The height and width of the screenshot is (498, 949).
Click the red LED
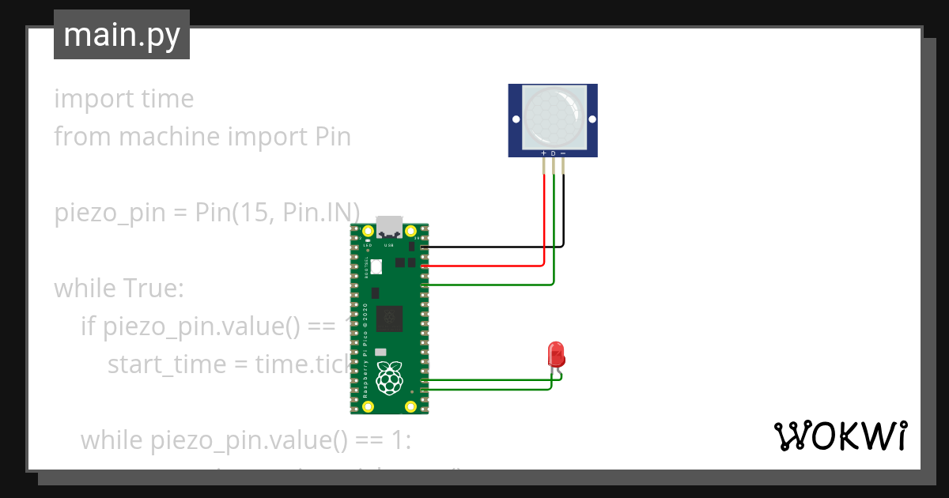point(556,353)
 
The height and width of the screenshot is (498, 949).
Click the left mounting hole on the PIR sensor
point(515,120)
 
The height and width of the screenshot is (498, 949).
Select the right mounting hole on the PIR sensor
point(591,120)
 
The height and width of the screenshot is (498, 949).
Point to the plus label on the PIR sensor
point(543,153)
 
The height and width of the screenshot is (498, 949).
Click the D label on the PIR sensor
point(553,153)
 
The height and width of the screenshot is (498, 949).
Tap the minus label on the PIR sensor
point(562,153)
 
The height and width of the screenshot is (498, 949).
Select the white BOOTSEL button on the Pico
point(376,267)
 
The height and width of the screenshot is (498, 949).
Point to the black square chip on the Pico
point(388,318)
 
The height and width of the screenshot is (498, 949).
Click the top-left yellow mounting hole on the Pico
point(368,232)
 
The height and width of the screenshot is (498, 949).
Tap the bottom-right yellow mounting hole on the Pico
point(410,406)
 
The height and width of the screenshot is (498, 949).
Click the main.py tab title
point(122,35)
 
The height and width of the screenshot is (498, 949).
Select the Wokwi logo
point(839,436)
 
